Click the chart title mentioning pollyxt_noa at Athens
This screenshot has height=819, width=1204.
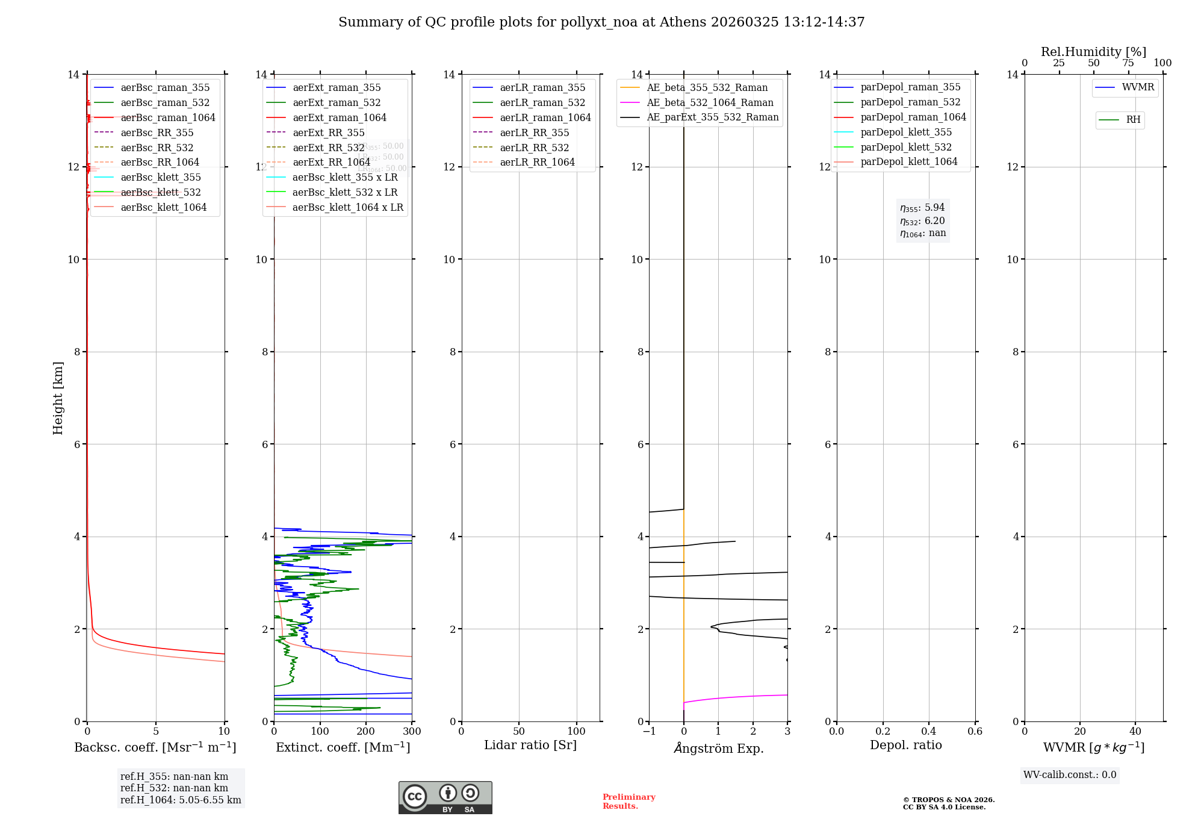(x=601, y=22)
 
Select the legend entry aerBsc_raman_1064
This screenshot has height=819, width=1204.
(x=167, y=117)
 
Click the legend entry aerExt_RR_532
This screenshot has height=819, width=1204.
(x=328, y=148)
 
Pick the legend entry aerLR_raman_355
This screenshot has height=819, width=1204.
(x=542, y=88)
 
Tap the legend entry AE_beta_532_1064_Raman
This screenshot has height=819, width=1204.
(x=710, y=102)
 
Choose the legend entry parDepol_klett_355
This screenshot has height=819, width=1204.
(x=906, y=132)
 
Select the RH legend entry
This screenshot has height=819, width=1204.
(x=1133, y=120)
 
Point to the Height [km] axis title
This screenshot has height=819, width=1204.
(x=58, y=397)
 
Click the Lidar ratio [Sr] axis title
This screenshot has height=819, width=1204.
(x=530, y=745)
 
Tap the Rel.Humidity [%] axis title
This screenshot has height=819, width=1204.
(x=1093, y=52)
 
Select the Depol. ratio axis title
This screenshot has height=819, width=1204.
(x=905, y=745)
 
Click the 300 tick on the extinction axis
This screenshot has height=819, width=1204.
(x=412, y=732)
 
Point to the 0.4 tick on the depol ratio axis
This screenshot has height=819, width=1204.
(x=929, y=732)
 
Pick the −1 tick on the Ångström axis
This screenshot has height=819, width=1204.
(x=649, y=732)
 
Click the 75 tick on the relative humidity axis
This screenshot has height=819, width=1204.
(x=1128, y=63)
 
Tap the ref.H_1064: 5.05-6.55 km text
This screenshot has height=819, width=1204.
(x=181, y=800)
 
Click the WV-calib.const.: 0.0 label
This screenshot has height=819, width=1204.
(x=1070, y=775)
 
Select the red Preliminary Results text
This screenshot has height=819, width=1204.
(x=628, y=802)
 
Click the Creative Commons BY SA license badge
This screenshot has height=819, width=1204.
(x=445, y=797)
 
